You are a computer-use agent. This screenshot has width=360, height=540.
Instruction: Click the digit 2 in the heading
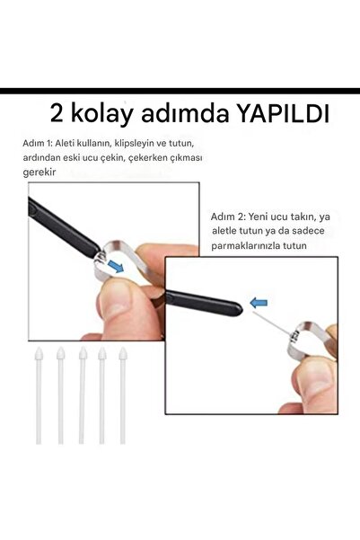(58, 116)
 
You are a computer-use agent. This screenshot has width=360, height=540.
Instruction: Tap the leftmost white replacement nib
(39, 395)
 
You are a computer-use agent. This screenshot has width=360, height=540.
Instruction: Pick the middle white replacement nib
(82, 395)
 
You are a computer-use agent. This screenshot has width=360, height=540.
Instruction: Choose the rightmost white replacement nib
(123, 395)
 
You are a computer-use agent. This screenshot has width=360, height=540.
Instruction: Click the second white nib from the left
(60, 395)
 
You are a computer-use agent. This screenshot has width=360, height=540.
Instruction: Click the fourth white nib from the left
(102, 395)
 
